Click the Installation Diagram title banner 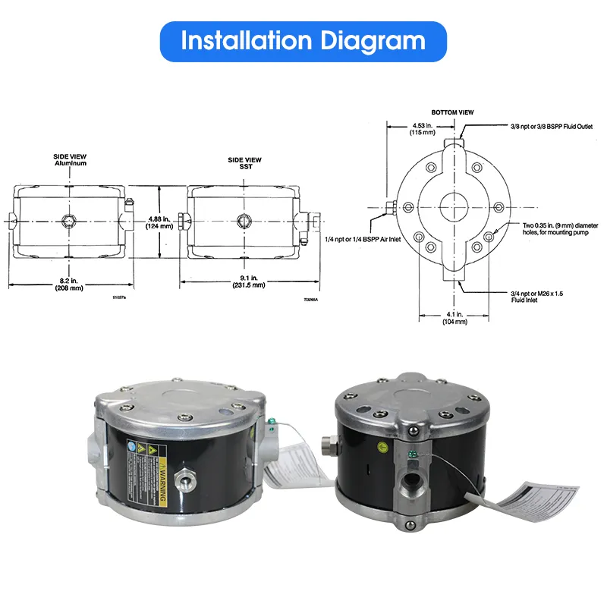click(303, 41)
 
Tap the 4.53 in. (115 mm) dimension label click(423, 128)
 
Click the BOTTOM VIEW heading click(452, 112)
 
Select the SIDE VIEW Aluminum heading click(71, 160)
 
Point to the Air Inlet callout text click(357, 239)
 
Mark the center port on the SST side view click(244, 220)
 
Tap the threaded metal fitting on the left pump click(185, 480)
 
